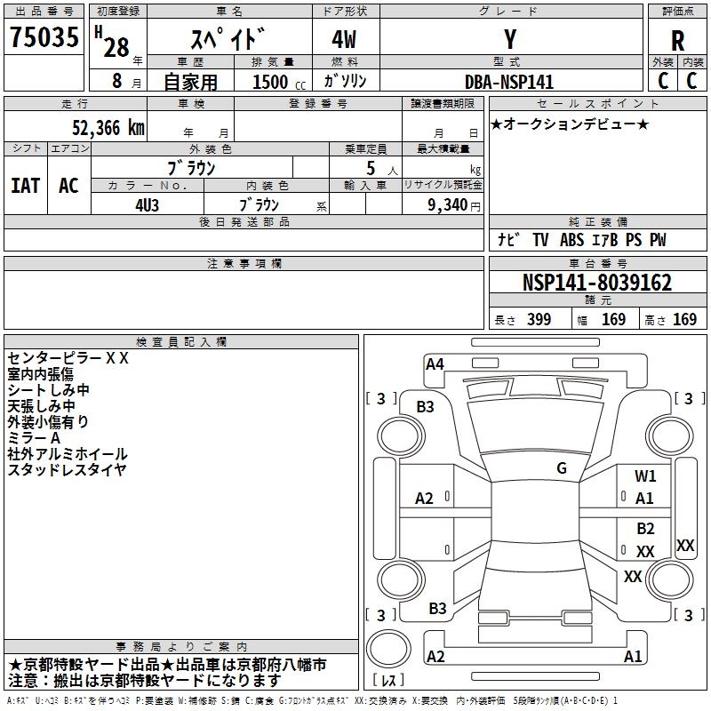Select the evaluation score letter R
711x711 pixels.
[678, 41]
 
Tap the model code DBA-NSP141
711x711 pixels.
[509, 82]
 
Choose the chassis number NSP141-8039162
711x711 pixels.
[596, 283]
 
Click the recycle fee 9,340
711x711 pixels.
[448, 204]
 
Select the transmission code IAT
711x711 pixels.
[25, 186]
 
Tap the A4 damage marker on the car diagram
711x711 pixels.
[435, 363]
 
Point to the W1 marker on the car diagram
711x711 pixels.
[645, 476]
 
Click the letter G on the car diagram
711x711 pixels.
[562, 468]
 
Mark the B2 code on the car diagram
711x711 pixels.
[645, 529]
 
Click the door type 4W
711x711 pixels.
[346, 41]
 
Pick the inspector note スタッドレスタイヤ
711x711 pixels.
[68, 469]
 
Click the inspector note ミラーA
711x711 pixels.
[34, 437]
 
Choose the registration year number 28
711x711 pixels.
[116, 46]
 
